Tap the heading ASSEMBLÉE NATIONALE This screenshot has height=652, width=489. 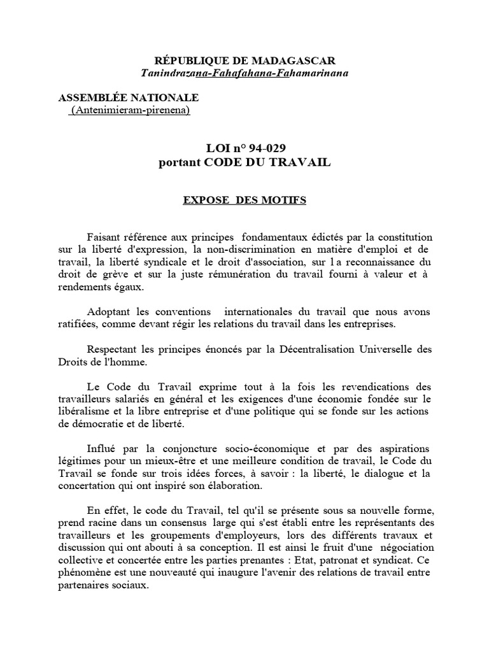pos(129,97)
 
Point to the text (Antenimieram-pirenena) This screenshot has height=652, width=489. pos(131,110)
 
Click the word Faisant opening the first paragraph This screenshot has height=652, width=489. pos(106,237)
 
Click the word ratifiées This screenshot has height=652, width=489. pos(80,324)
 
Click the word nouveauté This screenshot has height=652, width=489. pos(192,573)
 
